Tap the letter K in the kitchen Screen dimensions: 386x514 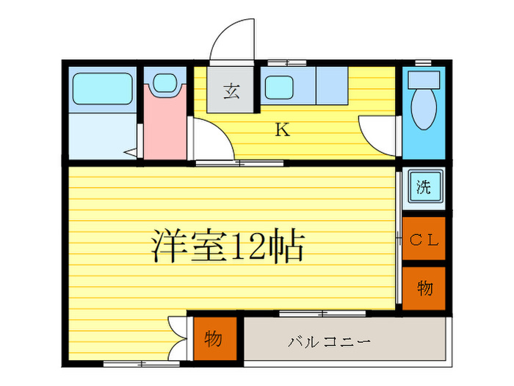click(x=281, y=131)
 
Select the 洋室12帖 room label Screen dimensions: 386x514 click(x=228, y=248)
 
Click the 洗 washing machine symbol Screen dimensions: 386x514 click(x=424, y=187)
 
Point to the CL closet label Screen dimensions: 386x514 click(x=424, y=239)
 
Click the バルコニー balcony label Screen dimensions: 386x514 click(x=328, y=342)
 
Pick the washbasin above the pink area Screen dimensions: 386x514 click(x=165, y=82)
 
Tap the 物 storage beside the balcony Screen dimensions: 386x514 click(x=214, y=340)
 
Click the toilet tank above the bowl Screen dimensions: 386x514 click(x=423, y=79)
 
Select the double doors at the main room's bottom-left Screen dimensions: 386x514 click(x=176, y=337)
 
